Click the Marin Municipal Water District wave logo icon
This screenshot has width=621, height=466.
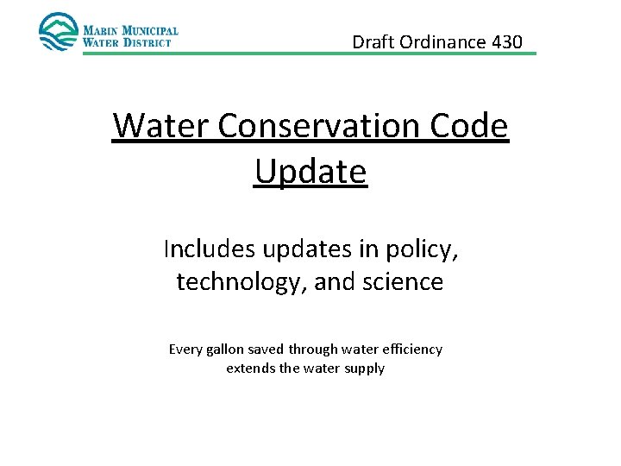[58, 32]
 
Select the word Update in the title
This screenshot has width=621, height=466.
[310, 171]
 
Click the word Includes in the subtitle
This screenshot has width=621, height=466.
[205, 249]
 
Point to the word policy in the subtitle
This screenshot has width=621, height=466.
[424, 250]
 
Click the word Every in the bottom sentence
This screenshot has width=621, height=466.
[185, 349]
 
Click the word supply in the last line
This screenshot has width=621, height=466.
[366, 369]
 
